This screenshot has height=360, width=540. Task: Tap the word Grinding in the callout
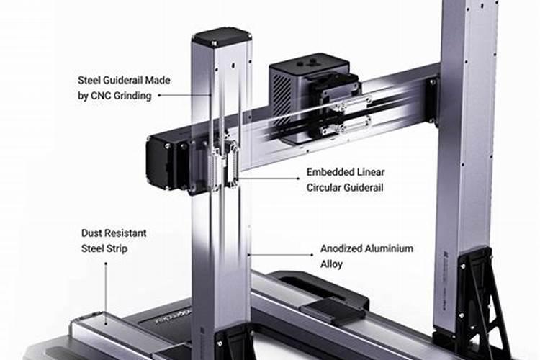pos(132,96)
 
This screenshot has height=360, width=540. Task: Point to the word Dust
pos(91,233)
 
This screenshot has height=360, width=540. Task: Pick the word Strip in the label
pos(117,248)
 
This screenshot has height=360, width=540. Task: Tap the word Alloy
pos(331,264)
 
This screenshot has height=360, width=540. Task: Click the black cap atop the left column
pos(221,38)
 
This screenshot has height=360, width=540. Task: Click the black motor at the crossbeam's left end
pos(162,161)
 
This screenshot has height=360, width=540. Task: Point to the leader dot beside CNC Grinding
pos(159,96)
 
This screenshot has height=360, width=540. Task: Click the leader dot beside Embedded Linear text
pos(298,179)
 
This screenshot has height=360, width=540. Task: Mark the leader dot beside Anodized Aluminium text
pos(312,255)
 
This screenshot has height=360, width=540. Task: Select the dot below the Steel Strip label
pos(106,264)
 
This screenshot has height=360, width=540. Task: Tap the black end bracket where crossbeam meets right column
pos(432,99)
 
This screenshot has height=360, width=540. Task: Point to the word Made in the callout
pos(158,80)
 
